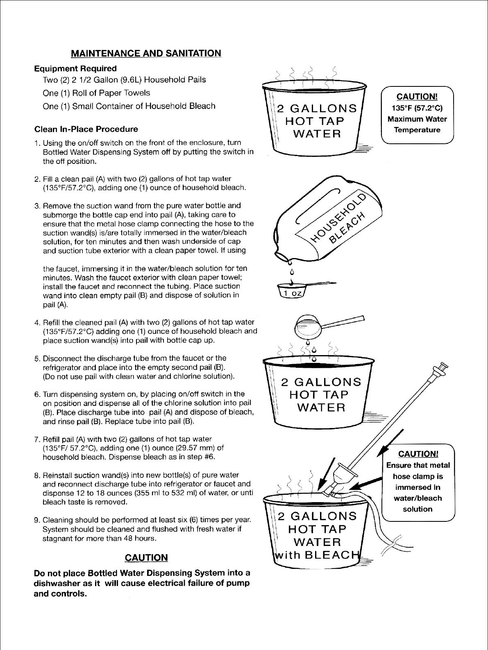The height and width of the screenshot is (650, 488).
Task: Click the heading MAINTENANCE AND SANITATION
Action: click(x=146, y=53)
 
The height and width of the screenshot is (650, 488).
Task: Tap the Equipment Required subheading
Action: click(x=75, y=68)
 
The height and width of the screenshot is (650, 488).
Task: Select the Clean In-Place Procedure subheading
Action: click(x=86, y=129)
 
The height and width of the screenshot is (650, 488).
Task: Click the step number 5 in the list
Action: click(x=37, y=359)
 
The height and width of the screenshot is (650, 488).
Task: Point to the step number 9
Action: click(x=37, y=521)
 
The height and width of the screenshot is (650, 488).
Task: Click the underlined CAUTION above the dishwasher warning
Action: click(x=146, y=557)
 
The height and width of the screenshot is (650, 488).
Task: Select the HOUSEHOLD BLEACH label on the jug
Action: click(x=338, y=222)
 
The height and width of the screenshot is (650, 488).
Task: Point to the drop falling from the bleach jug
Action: click(x=292, y=272)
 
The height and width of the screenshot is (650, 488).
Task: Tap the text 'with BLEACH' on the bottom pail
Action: click(x=318, y=555)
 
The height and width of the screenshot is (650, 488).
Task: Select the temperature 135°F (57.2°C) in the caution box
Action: click(x=417, y=108)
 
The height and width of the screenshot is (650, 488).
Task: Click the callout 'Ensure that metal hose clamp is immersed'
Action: click(x=418, y=482)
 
